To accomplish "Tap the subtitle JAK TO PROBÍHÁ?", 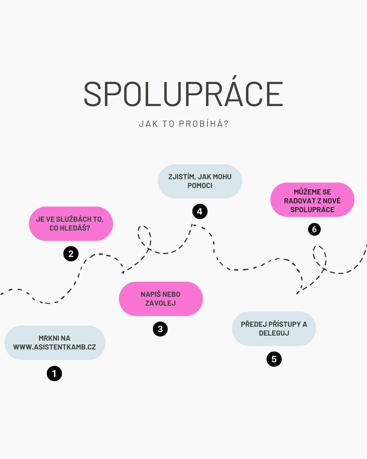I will tap(183, 124).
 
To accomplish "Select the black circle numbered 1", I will tap(54, 373).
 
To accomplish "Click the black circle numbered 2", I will tap(71, 254).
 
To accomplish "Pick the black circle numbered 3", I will tap(160, 329).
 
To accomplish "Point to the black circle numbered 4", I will tap(200, 211).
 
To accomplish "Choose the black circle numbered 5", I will tap(274, 359).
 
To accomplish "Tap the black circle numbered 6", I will tap(314, 229).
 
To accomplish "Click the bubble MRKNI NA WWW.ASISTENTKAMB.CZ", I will tap(55, 343).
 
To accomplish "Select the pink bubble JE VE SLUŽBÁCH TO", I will tap(71, 224).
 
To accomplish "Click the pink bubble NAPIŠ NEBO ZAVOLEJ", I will tap(161, 299).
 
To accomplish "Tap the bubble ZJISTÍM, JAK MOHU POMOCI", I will tap(200, 181).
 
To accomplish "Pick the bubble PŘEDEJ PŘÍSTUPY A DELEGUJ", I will tap(274, 329).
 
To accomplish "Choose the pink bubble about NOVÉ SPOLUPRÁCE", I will tap(312, 200).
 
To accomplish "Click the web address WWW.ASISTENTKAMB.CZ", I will tap(55, 347).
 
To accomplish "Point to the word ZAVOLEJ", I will tap(160, 303).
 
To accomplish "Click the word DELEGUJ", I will tap(274, 333).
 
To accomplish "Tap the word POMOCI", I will tap(200, 186).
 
